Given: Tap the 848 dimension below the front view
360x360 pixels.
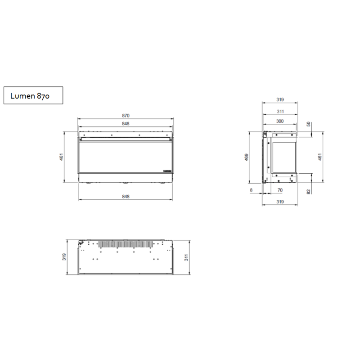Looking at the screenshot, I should click(126, 196).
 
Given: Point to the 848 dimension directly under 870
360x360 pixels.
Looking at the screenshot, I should click(126, 123).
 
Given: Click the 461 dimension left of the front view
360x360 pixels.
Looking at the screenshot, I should click(61, 157).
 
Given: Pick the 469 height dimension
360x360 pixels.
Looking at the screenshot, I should click(246, 157).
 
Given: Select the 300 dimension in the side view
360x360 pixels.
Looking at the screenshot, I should click(279, 121).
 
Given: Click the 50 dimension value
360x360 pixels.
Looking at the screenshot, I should click(309, 124).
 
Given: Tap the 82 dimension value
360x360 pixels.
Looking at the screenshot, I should click(309, 191).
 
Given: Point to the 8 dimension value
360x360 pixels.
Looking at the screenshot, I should click(252, 190).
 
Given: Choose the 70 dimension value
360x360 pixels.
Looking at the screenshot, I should click(279, 190).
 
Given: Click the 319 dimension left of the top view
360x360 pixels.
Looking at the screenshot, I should click(64, 256).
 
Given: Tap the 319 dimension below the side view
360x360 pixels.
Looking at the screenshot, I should click(279, 202).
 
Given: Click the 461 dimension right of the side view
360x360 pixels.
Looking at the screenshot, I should click(320, 157).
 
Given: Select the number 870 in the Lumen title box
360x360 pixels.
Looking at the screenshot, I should click(43, 96).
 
